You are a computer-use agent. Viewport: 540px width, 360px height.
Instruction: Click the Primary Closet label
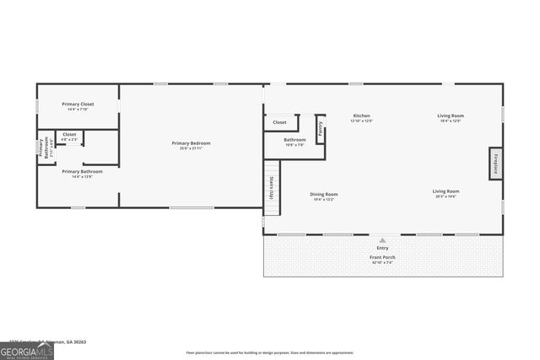78,105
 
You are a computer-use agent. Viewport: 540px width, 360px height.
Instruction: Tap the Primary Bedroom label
191,143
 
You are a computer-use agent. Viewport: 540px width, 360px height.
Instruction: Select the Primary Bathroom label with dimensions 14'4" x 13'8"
82,171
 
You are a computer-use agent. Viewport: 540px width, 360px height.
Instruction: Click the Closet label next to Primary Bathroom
69,134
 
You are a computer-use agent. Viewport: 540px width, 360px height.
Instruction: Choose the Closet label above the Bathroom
279,122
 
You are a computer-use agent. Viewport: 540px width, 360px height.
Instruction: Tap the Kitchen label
361,116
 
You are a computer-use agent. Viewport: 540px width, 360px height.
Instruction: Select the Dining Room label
325,193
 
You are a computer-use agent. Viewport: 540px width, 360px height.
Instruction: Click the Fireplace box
495,163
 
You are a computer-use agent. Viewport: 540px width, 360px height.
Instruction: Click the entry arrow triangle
382,240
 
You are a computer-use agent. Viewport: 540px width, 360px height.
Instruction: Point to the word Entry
382,248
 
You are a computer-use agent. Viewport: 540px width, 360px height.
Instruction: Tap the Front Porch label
382,256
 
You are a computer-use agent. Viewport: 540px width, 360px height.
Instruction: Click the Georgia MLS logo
27,350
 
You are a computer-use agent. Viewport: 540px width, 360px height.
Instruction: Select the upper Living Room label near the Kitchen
450,116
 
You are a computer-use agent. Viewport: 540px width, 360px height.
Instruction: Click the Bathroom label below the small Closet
294,140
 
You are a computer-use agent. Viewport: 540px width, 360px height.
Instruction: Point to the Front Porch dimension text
382,262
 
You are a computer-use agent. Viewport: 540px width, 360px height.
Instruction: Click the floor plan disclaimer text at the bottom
270,352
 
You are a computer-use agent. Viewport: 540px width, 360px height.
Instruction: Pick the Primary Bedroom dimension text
191,149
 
